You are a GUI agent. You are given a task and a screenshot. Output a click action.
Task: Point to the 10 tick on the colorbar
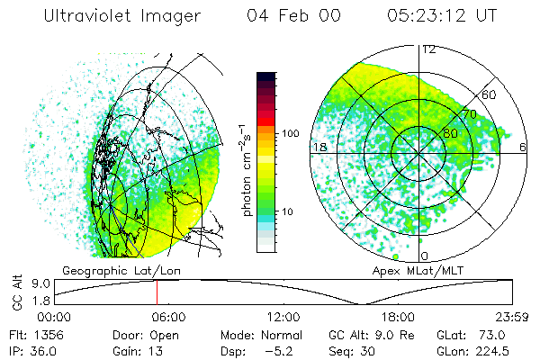click(x=290, y=211)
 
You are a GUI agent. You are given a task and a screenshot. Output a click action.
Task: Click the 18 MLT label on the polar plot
click(x=318, y=146)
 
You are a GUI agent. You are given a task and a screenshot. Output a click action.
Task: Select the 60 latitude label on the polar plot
click(x=490, y=94)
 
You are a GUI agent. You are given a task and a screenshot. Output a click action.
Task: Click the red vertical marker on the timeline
click(x=157, y=292)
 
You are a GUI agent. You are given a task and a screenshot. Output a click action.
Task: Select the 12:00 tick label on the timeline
click(x=283, y=317)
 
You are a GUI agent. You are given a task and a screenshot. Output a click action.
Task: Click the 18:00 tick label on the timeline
click(x=398, y=317)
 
